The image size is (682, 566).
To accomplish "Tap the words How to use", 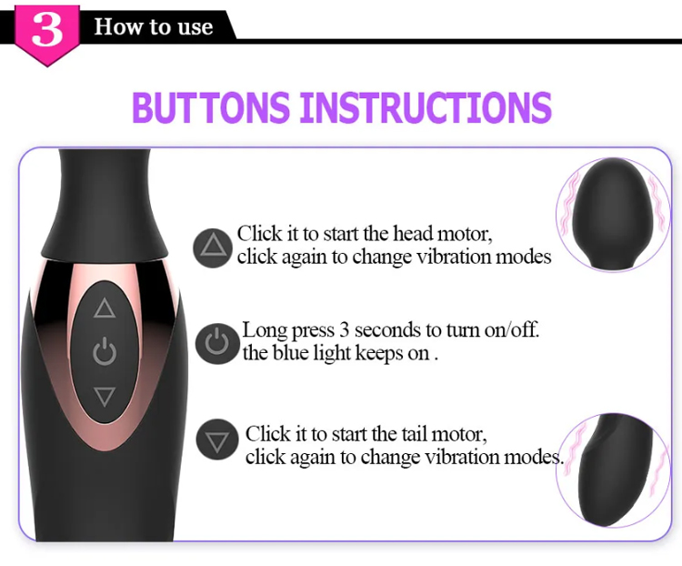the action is pos(154,26).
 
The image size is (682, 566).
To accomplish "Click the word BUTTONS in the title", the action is pos(211,107).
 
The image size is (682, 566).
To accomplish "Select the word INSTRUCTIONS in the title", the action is pos(426,107).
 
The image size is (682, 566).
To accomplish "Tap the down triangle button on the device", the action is pos(105,396).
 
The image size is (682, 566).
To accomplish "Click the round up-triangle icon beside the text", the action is pos(212,248).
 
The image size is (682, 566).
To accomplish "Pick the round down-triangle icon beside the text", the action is pos(217,440).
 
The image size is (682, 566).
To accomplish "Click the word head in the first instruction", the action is pos(413,234).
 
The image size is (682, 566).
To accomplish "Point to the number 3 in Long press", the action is pos(344,330).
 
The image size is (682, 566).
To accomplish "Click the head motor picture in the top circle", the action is pos(613,215).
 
